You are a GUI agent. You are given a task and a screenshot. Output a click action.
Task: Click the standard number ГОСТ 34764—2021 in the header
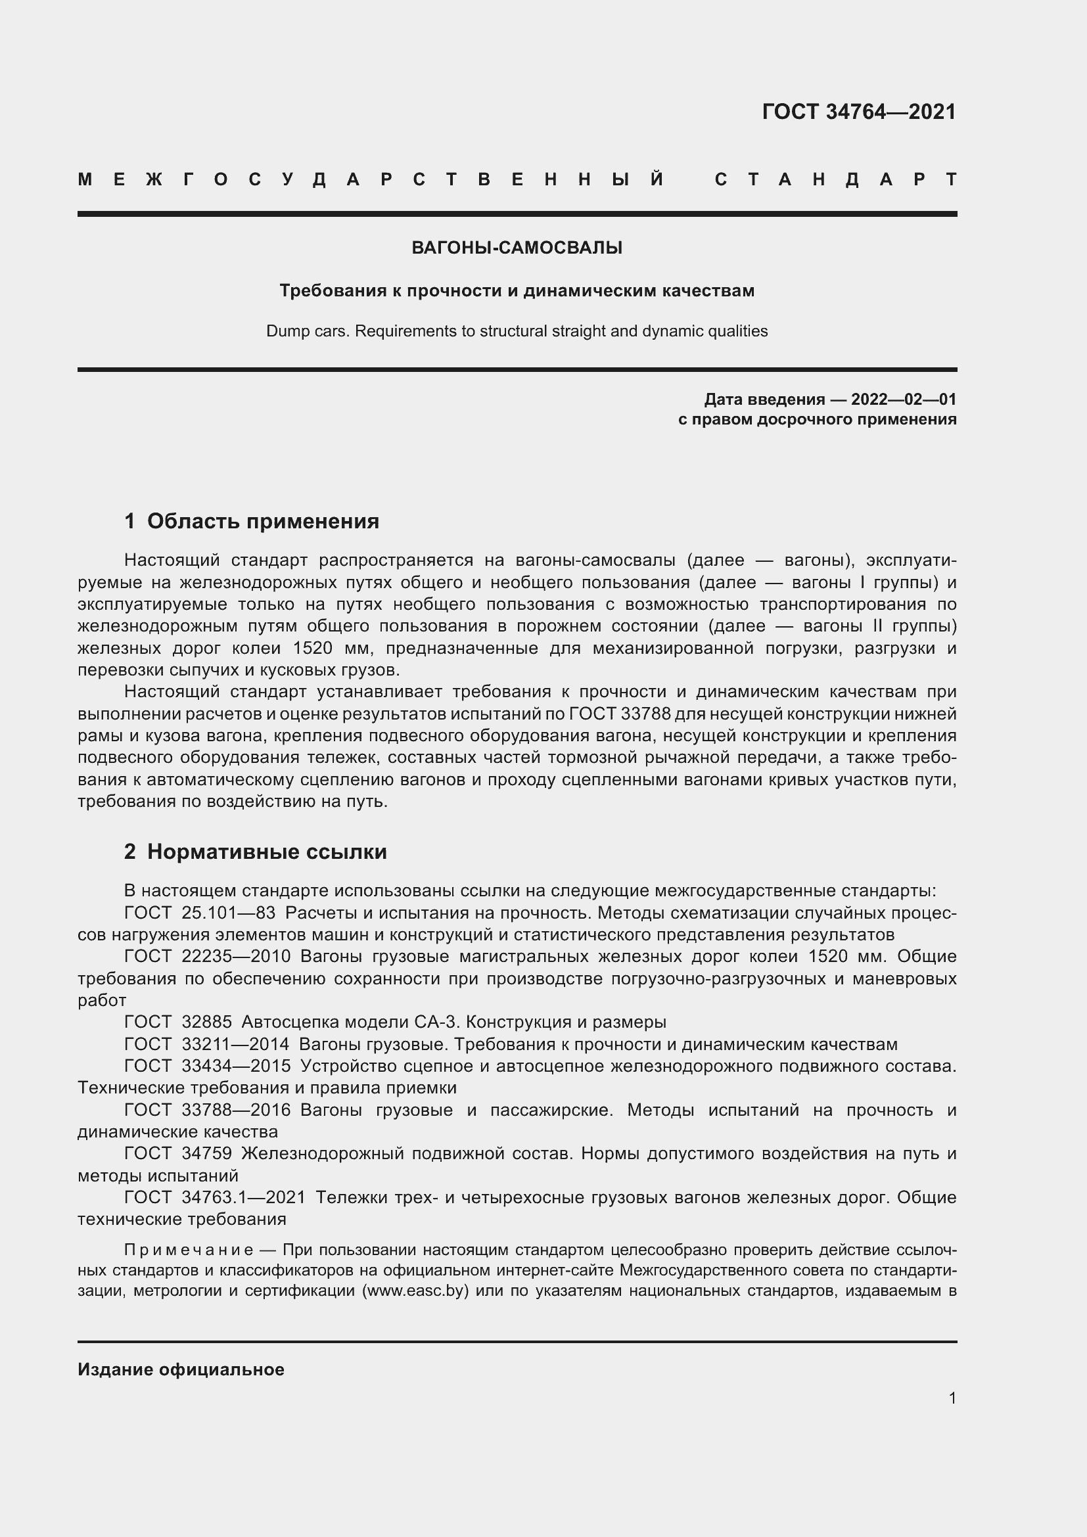[x=859, y=112]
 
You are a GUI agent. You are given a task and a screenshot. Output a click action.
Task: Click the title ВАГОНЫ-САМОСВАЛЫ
[x=517, y=248]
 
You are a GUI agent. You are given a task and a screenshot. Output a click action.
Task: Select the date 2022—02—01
[x=904, y=400]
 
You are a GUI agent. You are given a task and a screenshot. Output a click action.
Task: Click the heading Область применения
[x=262, y=521]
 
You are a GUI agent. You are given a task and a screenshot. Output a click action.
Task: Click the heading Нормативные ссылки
[x=266, y=852]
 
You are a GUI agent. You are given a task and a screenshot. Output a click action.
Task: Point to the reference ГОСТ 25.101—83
[x=200, y=913]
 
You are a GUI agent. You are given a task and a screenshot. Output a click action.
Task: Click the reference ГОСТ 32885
[x=178, y=1022]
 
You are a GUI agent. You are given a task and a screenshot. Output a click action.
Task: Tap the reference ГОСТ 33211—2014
[x=207, y=1044]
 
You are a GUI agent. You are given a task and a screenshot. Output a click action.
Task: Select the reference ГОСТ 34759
[x=178, y=1153]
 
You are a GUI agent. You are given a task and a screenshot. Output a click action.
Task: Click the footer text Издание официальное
[x=181, y=1369]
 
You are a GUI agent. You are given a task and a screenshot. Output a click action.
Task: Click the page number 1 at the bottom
[x=952, y=1398]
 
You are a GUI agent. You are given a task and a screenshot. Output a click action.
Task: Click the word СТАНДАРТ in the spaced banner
[x=835, y=179]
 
